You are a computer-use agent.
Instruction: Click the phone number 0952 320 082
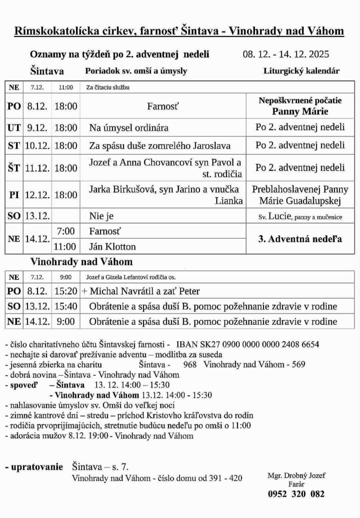pyautogui.click(x=296, y=494)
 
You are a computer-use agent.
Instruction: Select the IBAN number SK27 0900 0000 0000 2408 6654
pyautogui.click(x=247, y=344)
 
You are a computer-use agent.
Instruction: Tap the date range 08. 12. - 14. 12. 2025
pyautogui.click(x=286, y=54)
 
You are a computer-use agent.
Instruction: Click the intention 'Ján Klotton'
pyautogui.click(x=112, y=246)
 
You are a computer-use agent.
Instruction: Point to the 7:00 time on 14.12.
pyautogui.click(x=66, y=231)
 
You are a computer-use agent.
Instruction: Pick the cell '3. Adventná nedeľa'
pyautogui.click(x=300, y=239)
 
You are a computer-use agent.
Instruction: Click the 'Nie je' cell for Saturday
pyautogui.click(x=101, y=216)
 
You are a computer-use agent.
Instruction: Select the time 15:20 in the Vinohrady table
pyautogui.click(x=66, y=291)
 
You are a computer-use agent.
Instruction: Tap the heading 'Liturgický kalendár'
pyautogui.click(x=301, y=71)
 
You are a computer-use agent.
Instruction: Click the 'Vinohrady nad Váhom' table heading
pyautogui.click(x=81, y=262)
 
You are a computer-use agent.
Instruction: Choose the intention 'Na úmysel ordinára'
pyautogui.click(x=129, y=127)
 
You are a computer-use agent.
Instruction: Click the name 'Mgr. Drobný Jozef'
pyautogui.click(x=296, y=475)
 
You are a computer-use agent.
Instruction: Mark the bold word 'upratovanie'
pyautogui.click(x=37, y=467)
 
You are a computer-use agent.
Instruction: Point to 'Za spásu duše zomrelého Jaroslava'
pyautogui.click(x=160, y=145)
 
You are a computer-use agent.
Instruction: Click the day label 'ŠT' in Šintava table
pyautogui.click(x=14, y=168)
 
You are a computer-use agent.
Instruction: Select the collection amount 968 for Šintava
pyautogui.click(x=190, y=364)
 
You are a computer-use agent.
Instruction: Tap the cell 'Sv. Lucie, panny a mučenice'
pyautogui.click(x=300, y=216)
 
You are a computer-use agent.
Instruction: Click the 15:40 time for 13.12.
pyautogui.click(x=66, y=306)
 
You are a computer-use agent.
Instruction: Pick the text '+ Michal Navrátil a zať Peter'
pyautogui.click(x=141, y=291)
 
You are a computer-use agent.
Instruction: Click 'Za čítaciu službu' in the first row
pyautogui.click(x=108, y=88)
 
